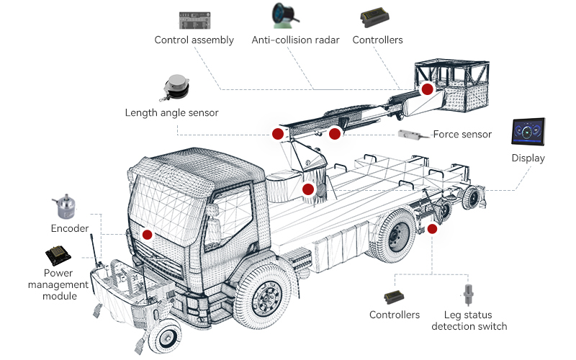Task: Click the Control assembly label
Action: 194,40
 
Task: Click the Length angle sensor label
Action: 171,112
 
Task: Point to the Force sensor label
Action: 462,134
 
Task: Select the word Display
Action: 528,158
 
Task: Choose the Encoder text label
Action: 69,229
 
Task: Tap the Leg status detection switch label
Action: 469,320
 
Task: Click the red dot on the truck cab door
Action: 148,234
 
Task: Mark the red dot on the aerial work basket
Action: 427,89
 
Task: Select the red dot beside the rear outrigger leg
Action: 432,229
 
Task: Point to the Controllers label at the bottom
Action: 395,315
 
